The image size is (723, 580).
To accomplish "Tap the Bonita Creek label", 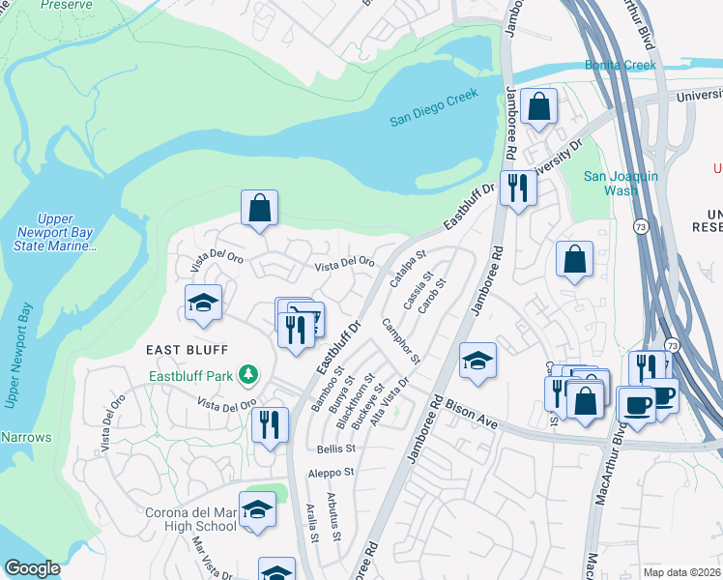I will [x=620, y=66].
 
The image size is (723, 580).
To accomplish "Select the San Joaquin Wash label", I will [x=622, y=183].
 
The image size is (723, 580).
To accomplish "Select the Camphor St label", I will [x=400, y=340].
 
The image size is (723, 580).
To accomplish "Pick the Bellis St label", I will [x=336, y=449].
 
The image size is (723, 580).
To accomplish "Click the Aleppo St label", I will [x=332, y=473].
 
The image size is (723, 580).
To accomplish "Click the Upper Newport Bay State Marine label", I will [x=57, y=233].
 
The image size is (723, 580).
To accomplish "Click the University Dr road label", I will [x=559, y=159].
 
